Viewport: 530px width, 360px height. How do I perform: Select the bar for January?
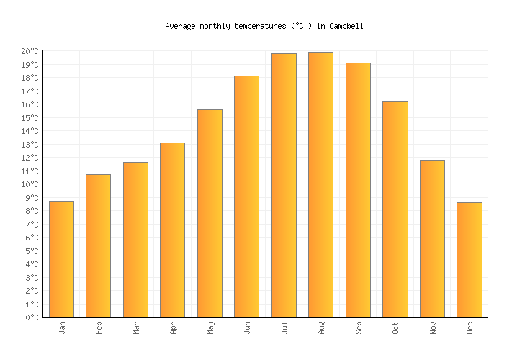click(61, 259)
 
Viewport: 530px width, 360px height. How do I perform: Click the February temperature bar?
click(98, 246)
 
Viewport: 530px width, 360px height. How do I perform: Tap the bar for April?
click(172, 230)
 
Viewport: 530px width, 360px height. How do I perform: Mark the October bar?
click(395, 209)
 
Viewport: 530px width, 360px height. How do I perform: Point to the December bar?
click(469, 260)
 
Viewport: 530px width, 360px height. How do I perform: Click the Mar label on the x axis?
click(136, 328)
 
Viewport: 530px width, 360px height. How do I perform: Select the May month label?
click(210, 328)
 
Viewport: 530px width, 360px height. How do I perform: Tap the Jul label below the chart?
click(284, 328)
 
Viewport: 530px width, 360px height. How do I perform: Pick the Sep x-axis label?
click(359, 328)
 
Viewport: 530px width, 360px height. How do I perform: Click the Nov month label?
click(433, 328)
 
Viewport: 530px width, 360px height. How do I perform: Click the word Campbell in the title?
click(346, 26)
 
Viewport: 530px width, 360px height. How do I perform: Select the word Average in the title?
click(180, 26)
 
